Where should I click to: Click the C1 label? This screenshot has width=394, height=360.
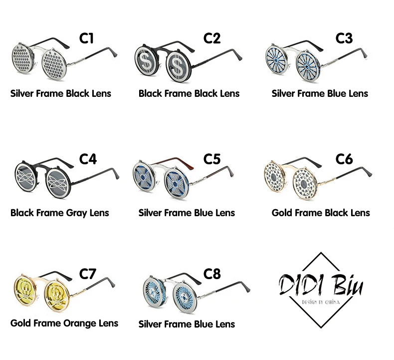(x=87, y=38)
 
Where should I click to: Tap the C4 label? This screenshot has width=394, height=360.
(x=88, y=159)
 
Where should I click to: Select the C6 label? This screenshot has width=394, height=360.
(x=344, y=159)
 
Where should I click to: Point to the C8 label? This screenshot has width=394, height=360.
(x=212, y=274)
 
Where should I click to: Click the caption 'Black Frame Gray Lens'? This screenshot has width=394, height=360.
(x=60, y=213)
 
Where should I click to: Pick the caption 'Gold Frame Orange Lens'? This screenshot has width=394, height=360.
(x=64, y=323)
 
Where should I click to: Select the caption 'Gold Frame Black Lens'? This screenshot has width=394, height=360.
(x=321, y=213)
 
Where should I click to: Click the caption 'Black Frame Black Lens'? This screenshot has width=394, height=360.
(x=189, y=93)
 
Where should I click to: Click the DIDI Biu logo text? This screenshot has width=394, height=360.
(x=321, y=287)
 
